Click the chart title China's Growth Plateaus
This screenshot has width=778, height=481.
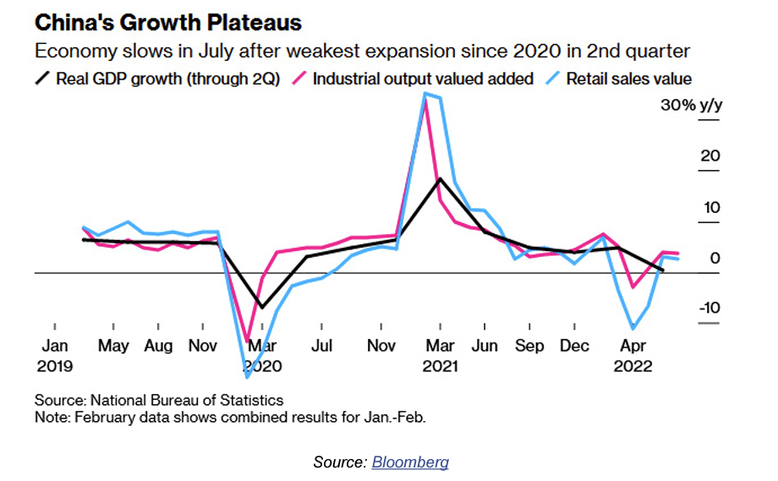(167, 22)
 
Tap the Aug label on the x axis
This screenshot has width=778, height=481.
(158, 346)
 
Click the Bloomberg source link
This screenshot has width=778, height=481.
(410, 462)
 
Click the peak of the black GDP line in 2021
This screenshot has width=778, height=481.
(439, 178)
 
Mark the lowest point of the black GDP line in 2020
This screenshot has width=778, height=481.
(261, 307)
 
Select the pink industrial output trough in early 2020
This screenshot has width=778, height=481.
(248, 342)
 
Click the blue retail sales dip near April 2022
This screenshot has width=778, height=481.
(632, 328)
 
